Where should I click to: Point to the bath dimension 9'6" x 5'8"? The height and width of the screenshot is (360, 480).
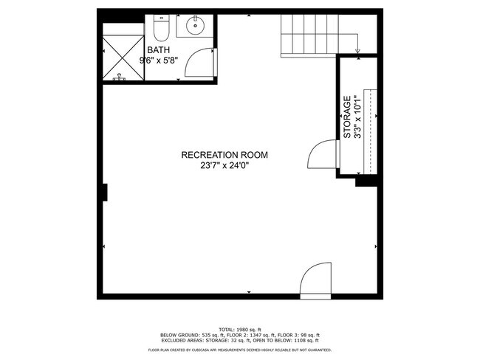point(168,61)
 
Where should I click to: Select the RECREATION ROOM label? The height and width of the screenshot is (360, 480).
point(224,155)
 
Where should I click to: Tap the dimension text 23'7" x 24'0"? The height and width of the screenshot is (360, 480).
point(224,166)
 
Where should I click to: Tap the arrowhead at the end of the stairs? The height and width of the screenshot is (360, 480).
point(357,51)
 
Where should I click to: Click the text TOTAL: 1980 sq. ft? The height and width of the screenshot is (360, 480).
point(239,329)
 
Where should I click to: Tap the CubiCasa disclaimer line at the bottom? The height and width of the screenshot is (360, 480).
point(239,350)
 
